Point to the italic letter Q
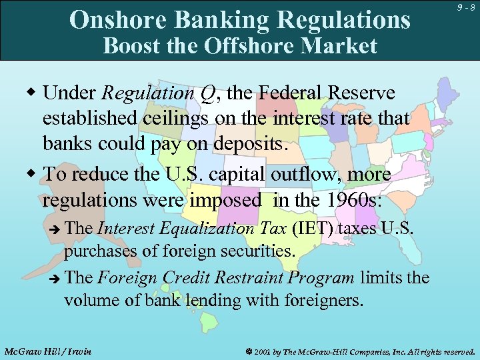[207, 94]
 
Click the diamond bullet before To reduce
[32, 175]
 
